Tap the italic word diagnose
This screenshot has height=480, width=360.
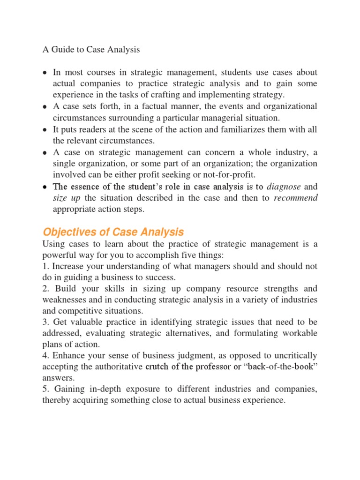283,186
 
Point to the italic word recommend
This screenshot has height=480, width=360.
295,198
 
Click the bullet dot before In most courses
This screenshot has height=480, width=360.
44,73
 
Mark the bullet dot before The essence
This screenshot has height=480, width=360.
44,187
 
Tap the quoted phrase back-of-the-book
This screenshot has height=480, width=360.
281,367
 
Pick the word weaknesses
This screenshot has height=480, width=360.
64,300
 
